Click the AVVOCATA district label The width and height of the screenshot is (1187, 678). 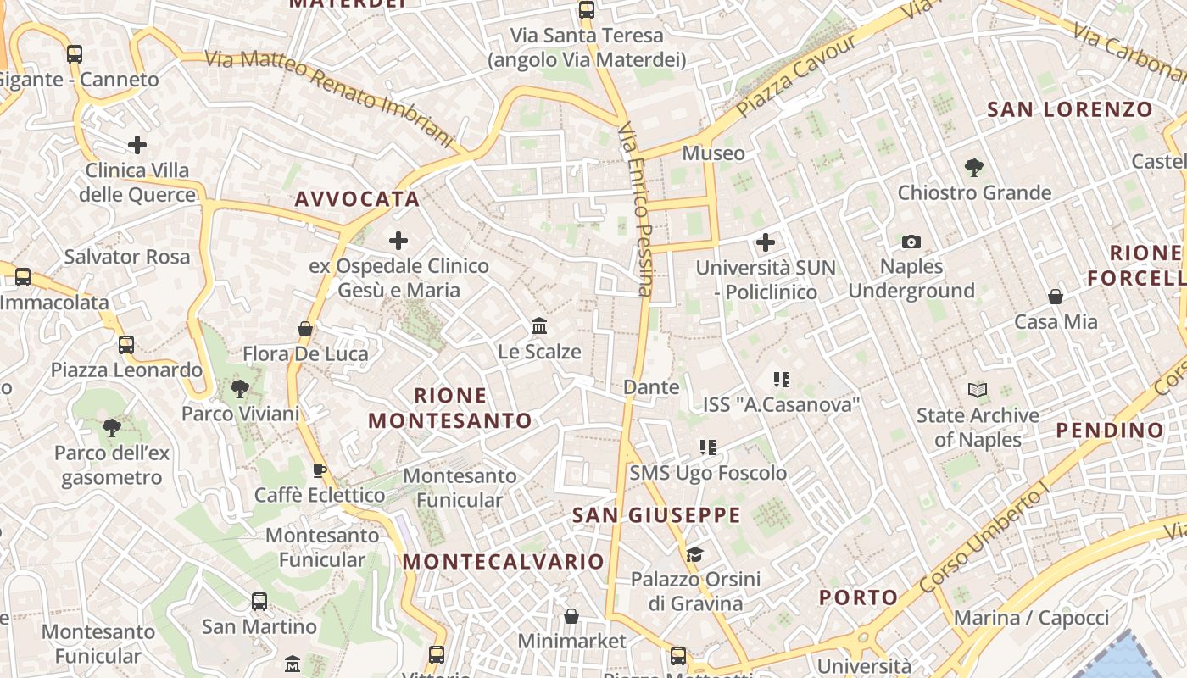point(357,200)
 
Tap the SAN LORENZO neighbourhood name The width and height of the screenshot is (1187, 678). point(1070,109)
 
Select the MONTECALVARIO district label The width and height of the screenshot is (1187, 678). point(503,562)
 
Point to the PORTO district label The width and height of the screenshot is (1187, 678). point(858,597)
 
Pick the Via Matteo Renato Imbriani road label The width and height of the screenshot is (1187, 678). point(331,96)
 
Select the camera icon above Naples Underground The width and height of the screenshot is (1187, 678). point(911,242)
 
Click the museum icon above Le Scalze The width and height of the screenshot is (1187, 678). point(539,326)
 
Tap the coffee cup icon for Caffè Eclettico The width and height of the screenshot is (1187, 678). point(320,470)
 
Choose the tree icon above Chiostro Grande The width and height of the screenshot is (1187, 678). point(974,168)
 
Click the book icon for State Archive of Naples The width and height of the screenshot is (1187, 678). point(978,391)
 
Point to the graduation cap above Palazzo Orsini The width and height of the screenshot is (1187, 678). point(695,555)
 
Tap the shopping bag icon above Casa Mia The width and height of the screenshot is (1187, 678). point(1056,297)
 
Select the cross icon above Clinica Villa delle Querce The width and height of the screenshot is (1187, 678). point(137,145)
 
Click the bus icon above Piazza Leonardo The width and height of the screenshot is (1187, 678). point(126,345)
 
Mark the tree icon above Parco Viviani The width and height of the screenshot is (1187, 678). point(240,389)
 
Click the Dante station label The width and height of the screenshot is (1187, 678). point(651,387)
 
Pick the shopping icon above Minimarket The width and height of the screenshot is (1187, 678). point(571,616)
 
